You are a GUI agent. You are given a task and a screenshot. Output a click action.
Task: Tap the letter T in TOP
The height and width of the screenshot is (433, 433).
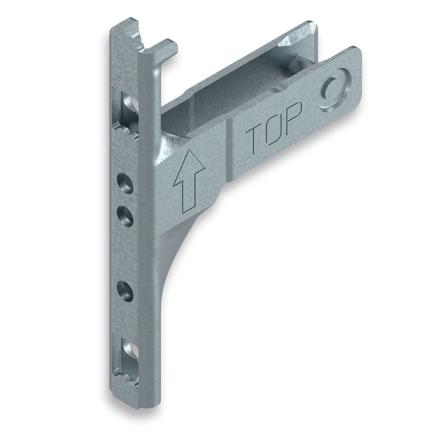[x=254, y=139]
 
